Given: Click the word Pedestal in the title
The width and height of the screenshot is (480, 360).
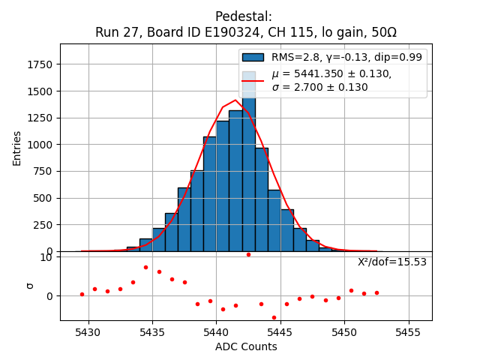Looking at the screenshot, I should pos(243,16).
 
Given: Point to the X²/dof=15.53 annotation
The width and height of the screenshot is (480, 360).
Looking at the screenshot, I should pos(391,262).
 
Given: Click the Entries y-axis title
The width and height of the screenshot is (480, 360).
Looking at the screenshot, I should pos(17,147).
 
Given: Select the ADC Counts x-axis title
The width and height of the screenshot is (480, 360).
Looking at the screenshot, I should pos(246,346).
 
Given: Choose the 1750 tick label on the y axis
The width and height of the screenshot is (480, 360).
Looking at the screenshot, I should pos(42,64).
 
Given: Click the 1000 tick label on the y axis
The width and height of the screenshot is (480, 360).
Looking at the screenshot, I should pos(42,145).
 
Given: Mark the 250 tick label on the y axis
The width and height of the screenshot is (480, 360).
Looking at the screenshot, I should pos(45,225).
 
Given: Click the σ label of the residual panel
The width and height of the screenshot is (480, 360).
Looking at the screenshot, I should pos(30,285).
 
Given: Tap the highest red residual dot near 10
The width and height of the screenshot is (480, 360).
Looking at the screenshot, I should pos(248,254).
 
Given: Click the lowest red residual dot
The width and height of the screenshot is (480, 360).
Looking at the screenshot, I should pos(274,317).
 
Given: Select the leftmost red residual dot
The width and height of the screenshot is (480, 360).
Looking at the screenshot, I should pos(82,294).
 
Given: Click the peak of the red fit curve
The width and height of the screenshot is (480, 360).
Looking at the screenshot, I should pos(235,100).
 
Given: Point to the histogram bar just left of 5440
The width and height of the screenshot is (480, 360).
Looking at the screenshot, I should pos(209,193).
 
